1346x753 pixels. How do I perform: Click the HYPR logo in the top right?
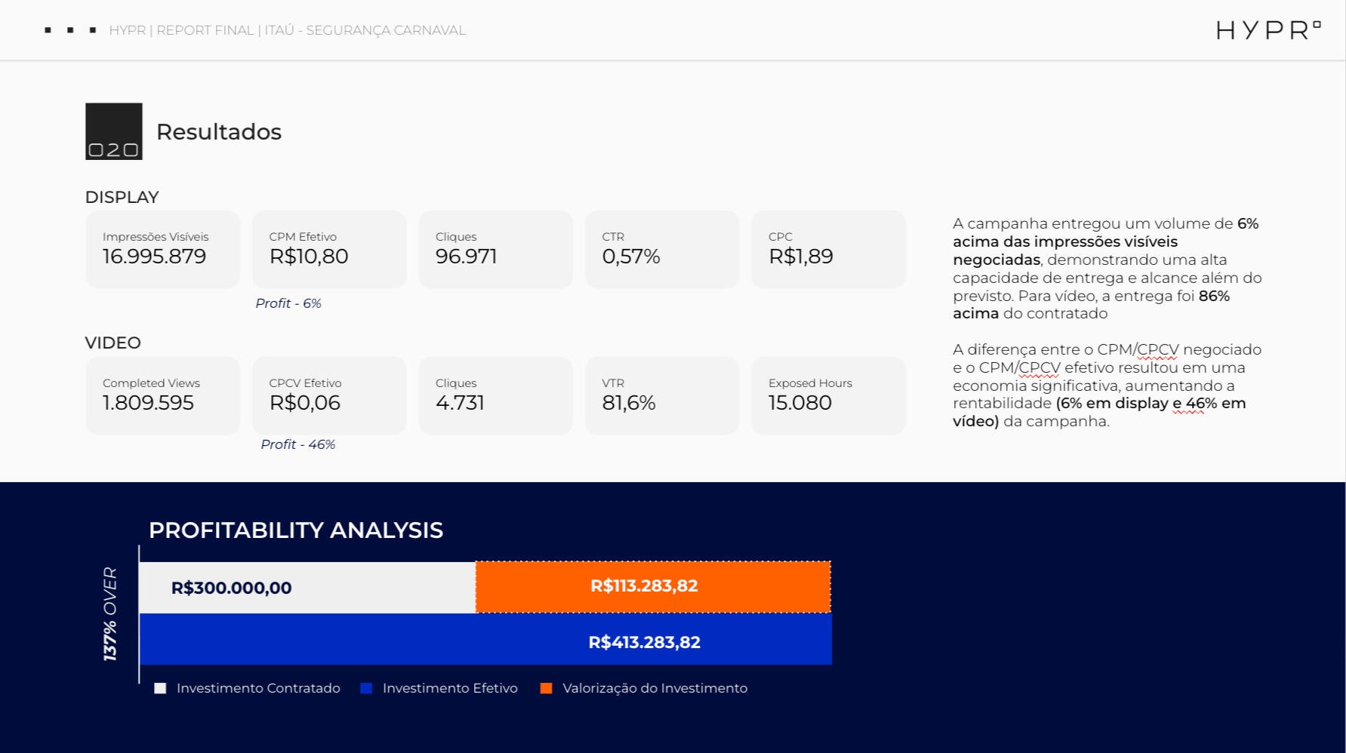(x=1267, y=30)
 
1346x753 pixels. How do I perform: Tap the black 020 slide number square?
(x=114, y=131)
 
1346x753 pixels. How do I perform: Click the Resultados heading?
(x=219, y=132)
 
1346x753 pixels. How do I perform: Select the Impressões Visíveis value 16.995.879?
(x=155, y=257)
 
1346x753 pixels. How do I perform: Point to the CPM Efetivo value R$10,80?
(x=309, y=257)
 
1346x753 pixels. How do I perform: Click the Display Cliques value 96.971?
(x=467, y=257)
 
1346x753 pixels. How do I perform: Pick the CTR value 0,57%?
(x=631, y=257)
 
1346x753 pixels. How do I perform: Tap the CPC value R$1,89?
(x=801, y=257)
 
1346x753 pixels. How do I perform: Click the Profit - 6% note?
(x=288, y=303)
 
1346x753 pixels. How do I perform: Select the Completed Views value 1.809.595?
(x=149, y=403)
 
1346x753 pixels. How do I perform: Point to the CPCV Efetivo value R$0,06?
(x=305, y=403)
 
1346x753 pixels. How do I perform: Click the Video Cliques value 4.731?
(x=460, y=403)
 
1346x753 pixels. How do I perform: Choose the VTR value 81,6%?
(x=629, y=403)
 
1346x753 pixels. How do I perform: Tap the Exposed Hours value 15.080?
(x=800, y=403)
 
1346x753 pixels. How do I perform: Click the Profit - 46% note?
(x=298, y=444)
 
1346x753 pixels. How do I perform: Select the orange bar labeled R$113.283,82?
(x=653, y=586)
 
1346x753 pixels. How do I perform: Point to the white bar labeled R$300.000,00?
(x=307, y=588)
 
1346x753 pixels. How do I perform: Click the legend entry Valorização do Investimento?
(x=654, y=688)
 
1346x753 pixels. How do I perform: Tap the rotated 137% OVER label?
(x=110, y=614)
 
